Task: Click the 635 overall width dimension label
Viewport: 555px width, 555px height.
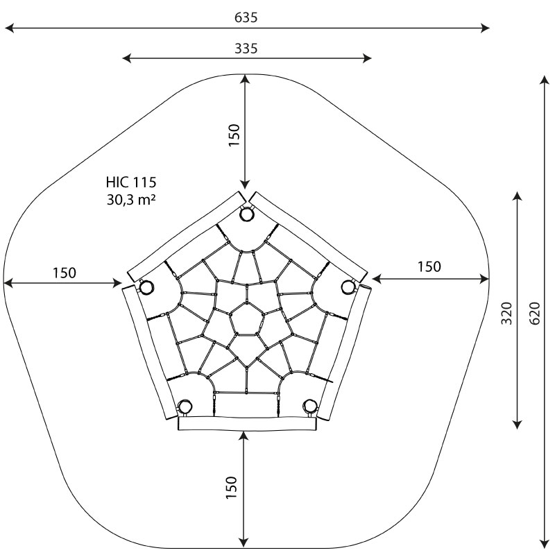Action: click(246, 17)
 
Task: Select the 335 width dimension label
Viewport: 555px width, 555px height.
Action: click(246, 48)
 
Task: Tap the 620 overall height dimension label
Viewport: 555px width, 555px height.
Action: click(535, 313)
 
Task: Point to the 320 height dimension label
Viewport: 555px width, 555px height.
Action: click(507, 313)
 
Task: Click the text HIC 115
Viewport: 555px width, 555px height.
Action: click(131, 182)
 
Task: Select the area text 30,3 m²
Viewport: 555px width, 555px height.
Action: click(131, 200)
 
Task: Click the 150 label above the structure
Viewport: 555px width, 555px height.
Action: click(234, 135)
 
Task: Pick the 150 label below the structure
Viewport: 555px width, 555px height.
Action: click(231, 488)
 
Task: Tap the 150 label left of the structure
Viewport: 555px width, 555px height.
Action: click(65, 273)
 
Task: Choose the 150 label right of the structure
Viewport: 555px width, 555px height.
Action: click(429, 266)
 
